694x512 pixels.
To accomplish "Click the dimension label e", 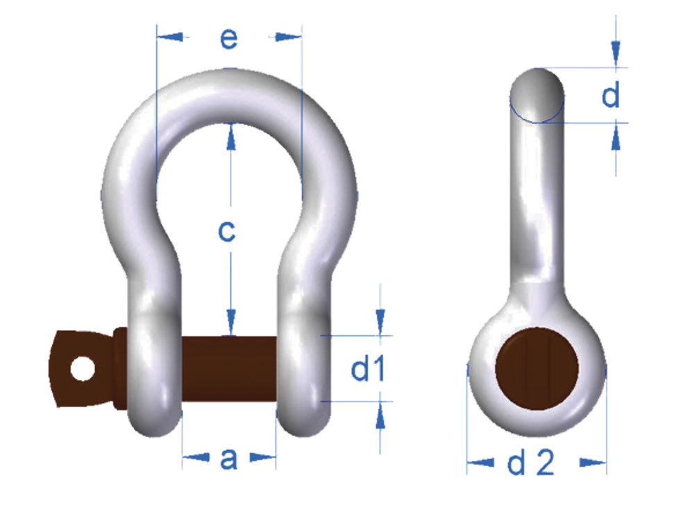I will point(228,39).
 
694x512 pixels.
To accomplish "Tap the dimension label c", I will point(227,231).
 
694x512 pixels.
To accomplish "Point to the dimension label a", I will point(228,458).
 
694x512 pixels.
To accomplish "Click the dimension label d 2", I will point(531,463).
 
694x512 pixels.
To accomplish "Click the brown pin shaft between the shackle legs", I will point(229,368).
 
